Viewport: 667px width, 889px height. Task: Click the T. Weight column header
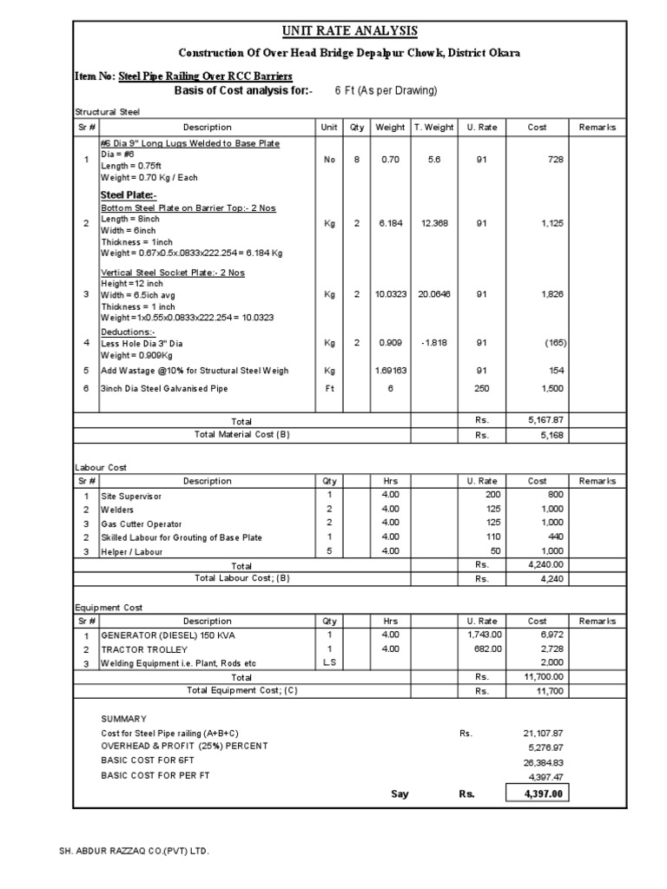[433, 127]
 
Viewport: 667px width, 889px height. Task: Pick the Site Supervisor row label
[132, 496]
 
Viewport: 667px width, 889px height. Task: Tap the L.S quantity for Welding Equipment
[329, 663]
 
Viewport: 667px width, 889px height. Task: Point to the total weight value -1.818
[433, 343]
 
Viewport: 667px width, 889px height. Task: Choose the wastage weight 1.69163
[389, 371]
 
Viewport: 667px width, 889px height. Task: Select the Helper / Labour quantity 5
[329, 550]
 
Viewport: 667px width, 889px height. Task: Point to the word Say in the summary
[400, 794]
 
